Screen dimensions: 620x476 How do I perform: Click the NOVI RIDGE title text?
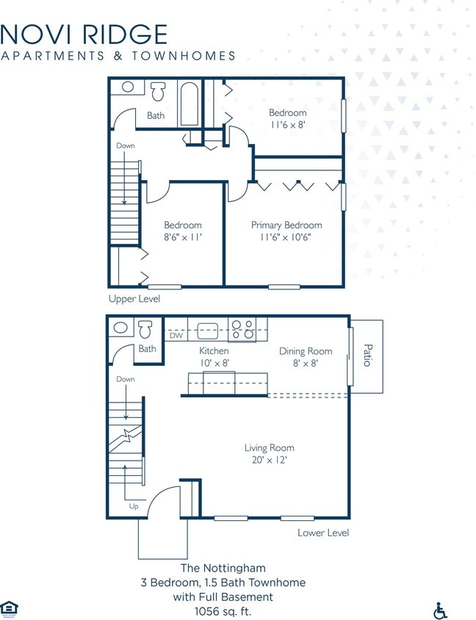pyautogui.click(x=84, y=34)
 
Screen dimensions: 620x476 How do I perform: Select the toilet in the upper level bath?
pyautogui.click(x=157, y=92)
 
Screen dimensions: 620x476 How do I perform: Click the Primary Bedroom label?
pyautogui.click(x=286, y=225)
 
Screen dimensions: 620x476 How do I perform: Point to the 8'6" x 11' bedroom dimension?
pyautogui.click(x=183, y=237)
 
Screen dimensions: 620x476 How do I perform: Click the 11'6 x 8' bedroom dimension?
pyautogui.click(x=287, y=125)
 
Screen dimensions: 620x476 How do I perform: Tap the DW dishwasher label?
pyautogui.click(x=176, y=336)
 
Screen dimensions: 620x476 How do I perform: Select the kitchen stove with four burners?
pyautogui.click(x=242, y=330)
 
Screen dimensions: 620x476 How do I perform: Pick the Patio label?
pyautogui.click(x=367, y=356)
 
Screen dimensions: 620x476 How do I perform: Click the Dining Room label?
pyautogui.click(x=306, y=351)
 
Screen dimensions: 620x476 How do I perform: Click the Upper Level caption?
pyautogui.click(x=134, y=299)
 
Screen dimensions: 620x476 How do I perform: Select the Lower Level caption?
pyautogui.click(x=323, y=533)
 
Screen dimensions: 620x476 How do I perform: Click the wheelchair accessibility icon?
pyautogui.click(x=441, y=610)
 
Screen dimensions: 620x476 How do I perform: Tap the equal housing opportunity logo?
pyautogui.click(x=10, y=608)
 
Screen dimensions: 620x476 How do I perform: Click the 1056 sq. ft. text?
pyautogui.click(x=223, y=611)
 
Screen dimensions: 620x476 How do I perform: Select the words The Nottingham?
pyautogui.click(x=223, y=568)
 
